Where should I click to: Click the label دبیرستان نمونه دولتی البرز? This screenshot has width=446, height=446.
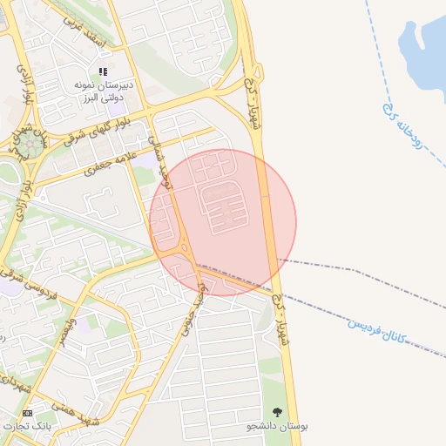[x=101, y=90]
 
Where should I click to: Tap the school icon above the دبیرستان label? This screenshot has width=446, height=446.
[x=102, y=71]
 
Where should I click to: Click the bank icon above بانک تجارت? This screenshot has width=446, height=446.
[x=27, y=412]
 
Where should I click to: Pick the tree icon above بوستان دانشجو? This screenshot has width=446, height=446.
[x=278, y=411]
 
